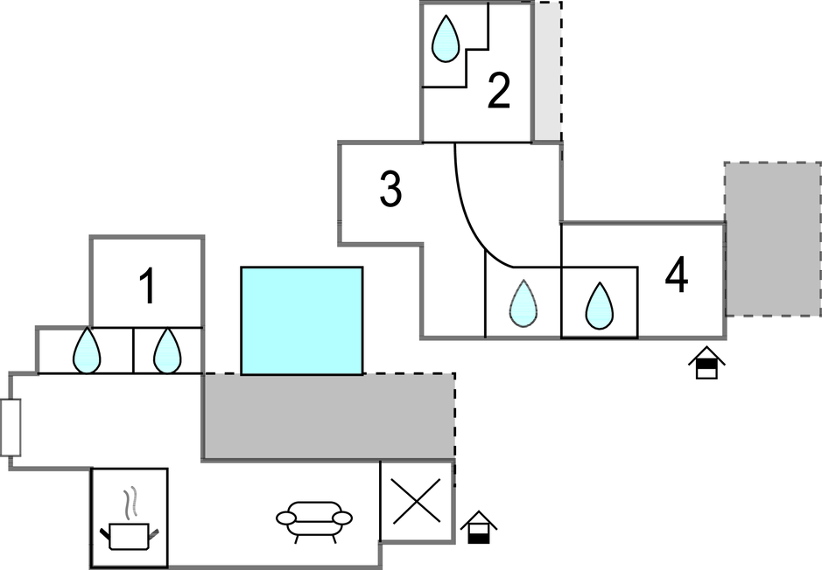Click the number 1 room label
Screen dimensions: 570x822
coord(148,287)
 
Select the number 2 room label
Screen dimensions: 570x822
coord(498,92)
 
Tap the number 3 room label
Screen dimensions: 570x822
coord(390,190)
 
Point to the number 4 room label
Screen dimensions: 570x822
coord(676,276)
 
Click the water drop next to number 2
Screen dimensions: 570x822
coord(447,38)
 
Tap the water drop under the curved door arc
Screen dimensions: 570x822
coord(523,304)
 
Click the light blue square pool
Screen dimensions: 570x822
coord(302,321)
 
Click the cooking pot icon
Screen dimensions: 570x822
coord(130,533)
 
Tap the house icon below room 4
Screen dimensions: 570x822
coord(707,363)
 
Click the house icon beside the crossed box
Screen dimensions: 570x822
coord(478,526)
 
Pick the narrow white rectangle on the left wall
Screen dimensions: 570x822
coord(11,427)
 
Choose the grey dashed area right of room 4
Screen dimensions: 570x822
coord(772,240)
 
